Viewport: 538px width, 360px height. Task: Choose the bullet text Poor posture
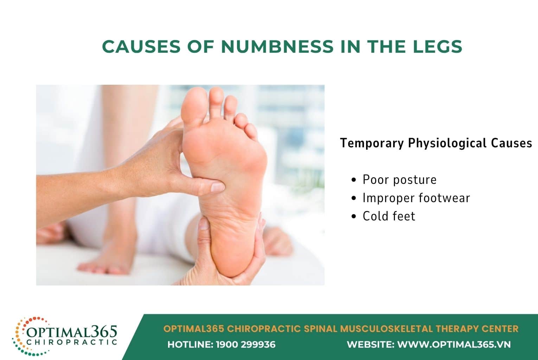tap(399, 180)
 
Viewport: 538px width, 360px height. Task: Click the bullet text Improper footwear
tap(416, 198)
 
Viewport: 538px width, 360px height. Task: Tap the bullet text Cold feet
tap(389, 216)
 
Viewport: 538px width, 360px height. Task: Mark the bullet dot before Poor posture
tap(354, 180)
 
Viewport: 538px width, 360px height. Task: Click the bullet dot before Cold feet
tap(354, 216)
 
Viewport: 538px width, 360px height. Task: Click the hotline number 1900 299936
tap(245, 345)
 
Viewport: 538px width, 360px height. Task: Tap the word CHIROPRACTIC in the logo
tap(72, 342)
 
